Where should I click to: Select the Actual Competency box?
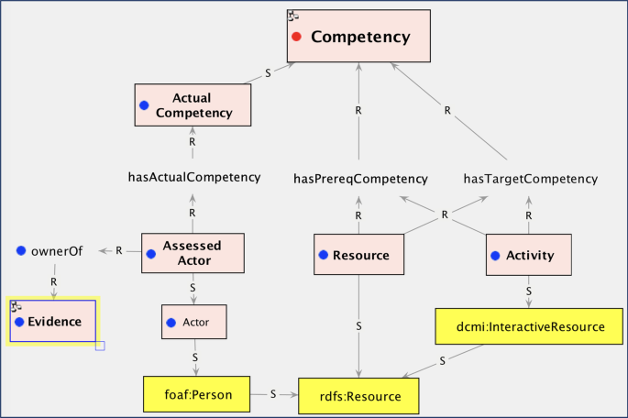(x=193, y=105)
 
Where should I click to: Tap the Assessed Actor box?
(x=193, y=253)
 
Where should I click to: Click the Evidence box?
(x=52, y=322)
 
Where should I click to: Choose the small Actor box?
(x=193, y=323)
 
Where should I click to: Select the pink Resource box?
(x=358, y=255)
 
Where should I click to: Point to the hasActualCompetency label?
(x=194, y=177)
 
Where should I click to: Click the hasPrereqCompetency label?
(x=359, y=179)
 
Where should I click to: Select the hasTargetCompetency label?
(x=530, y=179)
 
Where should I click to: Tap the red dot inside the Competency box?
(x=296, y=38)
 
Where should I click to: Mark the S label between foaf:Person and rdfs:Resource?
(x=273, y=394)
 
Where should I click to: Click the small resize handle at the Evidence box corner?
(x=100, y=346)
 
